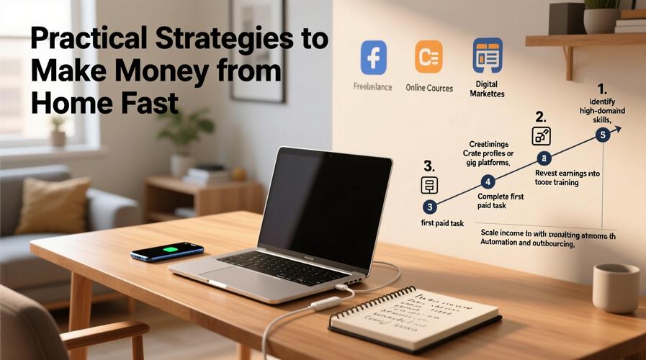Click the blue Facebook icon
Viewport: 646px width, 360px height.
coord(373,57)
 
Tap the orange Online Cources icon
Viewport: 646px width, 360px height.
coord(429,57)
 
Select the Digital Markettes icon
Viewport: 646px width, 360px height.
coord(487,55)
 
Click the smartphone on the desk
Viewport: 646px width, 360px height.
coord(167,251)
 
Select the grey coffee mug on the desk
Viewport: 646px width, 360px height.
coord(616,287)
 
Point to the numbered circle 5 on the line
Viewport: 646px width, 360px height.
coord(603,135)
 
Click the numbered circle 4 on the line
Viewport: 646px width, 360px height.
coord(489,181)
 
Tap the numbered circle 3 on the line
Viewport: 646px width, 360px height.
coord(430,207)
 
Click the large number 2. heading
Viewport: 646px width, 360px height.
coord(541,117)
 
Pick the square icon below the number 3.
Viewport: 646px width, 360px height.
coord(429,184)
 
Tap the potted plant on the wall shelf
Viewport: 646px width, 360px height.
coord(601,16)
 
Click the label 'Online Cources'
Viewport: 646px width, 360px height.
coord(429,88)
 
